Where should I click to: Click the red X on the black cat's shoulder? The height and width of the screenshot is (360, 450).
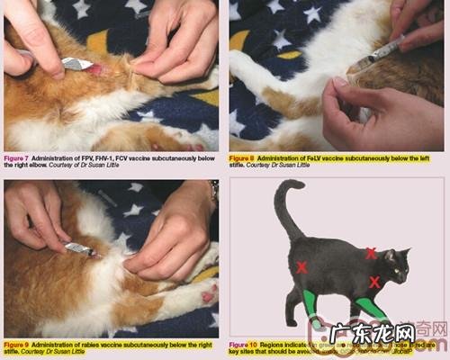point(371,254)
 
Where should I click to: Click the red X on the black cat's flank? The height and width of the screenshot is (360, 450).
point(302,267)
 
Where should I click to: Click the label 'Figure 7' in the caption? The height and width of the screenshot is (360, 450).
point(17,157)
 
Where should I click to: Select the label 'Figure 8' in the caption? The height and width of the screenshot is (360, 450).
point(243,157)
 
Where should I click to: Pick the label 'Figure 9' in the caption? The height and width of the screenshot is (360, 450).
point(17,344)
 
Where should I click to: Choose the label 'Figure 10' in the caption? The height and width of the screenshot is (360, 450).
point(244,344)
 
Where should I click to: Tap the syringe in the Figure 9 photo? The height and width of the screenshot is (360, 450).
point(79,248)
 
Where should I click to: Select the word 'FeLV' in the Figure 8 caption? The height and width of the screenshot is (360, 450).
point(312,157)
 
